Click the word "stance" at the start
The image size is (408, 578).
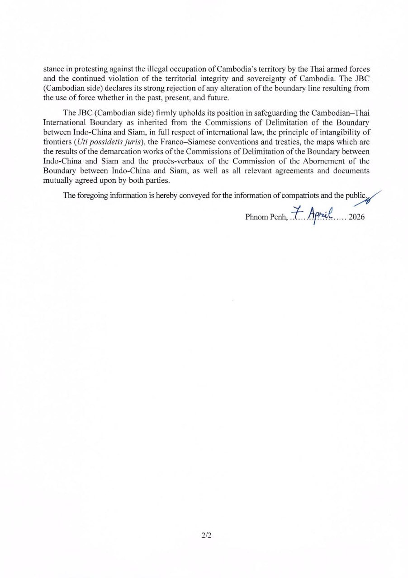[53, 69]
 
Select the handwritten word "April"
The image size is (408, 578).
[322, 212]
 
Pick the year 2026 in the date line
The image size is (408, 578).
[356, 217]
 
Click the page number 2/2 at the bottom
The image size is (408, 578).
[207, 536]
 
